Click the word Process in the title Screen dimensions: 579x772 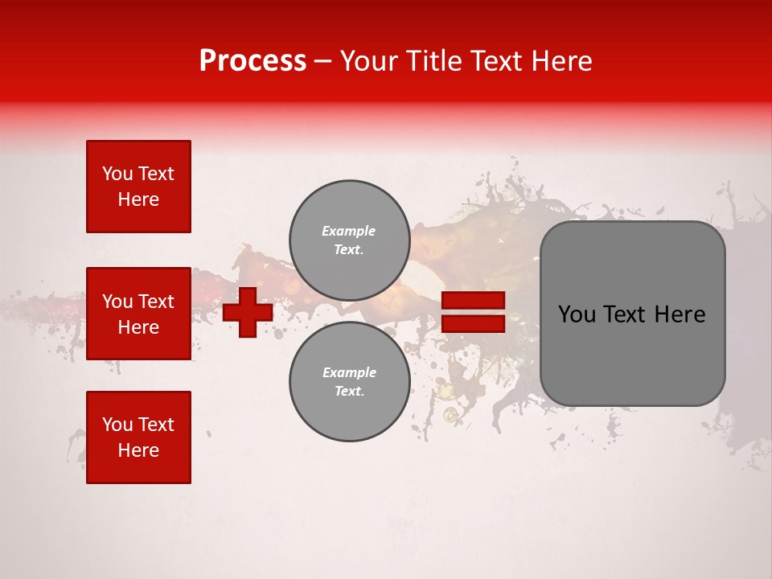(x=253, y=61)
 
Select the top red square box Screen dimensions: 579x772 (x=138, y=187)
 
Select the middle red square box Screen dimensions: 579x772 (x=138, y=314)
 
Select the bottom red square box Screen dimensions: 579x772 (x=138, y=437)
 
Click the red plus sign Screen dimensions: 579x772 (x=248, y=312)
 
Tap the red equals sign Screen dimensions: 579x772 (x=474, y=312)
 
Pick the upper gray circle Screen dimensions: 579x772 (x=349, y=240)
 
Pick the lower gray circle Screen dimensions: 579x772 (x=349, y=382)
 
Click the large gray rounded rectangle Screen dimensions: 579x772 (x=632, y=314)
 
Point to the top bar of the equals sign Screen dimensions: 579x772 (x=474, y=301)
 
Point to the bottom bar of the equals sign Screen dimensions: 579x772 (x=474, y=323)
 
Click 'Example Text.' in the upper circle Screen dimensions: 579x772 (x=349, y=240)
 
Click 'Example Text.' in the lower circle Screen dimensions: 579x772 (x=349, y=382)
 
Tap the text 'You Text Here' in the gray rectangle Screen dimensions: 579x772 (x=632, y=314)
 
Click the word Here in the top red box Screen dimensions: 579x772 (x=138, y=199)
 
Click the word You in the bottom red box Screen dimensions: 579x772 (x=117, y=425)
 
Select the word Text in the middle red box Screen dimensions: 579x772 (x=155, y=302)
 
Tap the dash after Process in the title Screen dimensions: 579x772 (x=322, y=62)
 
